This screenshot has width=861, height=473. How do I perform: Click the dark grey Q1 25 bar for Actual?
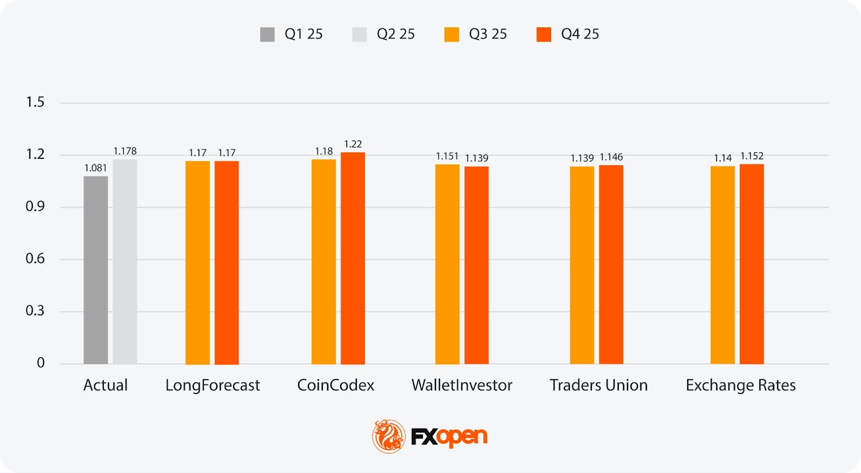(96, 270)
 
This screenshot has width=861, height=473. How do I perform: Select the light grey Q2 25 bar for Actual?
(125, 262)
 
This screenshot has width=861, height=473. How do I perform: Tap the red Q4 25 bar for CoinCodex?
(352, 258)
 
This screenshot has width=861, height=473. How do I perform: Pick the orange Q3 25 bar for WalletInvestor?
(447, 264)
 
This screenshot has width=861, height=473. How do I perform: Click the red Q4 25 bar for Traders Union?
(611, 265)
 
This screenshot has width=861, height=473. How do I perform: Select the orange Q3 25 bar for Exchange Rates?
(722, 265)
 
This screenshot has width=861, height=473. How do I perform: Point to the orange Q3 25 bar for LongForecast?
(197, 263)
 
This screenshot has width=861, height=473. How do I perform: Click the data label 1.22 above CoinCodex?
(353, 144)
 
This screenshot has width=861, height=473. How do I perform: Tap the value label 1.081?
(96, 168)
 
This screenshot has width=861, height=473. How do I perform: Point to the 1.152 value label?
(752, 156)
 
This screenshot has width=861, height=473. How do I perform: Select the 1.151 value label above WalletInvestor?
(447, 157)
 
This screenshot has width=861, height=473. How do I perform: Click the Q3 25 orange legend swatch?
(451, 34)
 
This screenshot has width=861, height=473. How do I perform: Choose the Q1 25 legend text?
(304, 34)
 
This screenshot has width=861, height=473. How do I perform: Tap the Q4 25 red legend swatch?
(544, 34)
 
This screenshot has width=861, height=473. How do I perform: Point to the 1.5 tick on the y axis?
(36, 102)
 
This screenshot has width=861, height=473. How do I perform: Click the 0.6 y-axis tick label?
(36, 259)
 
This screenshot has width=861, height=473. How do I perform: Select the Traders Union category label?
(598, 385)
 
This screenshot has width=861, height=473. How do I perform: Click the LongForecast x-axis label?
(213, 385)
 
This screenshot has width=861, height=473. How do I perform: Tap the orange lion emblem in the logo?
(389, 436)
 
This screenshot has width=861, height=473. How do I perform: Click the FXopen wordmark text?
(449, 437)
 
